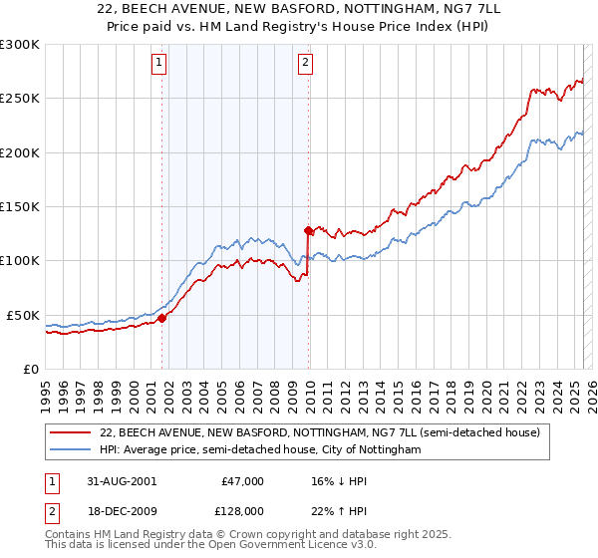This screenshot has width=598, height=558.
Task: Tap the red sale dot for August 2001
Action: (x=161, y=319)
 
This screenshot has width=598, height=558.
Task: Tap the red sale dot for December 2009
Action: (x=308, y=231)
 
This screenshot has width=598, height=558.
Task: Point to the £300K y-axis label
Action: (x=20, y=45)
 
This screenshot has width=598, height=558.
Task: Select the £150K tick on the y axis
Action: (x=20, y=206)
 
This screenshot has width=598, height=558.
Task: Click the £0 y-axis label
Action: (x=30, y=369)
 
